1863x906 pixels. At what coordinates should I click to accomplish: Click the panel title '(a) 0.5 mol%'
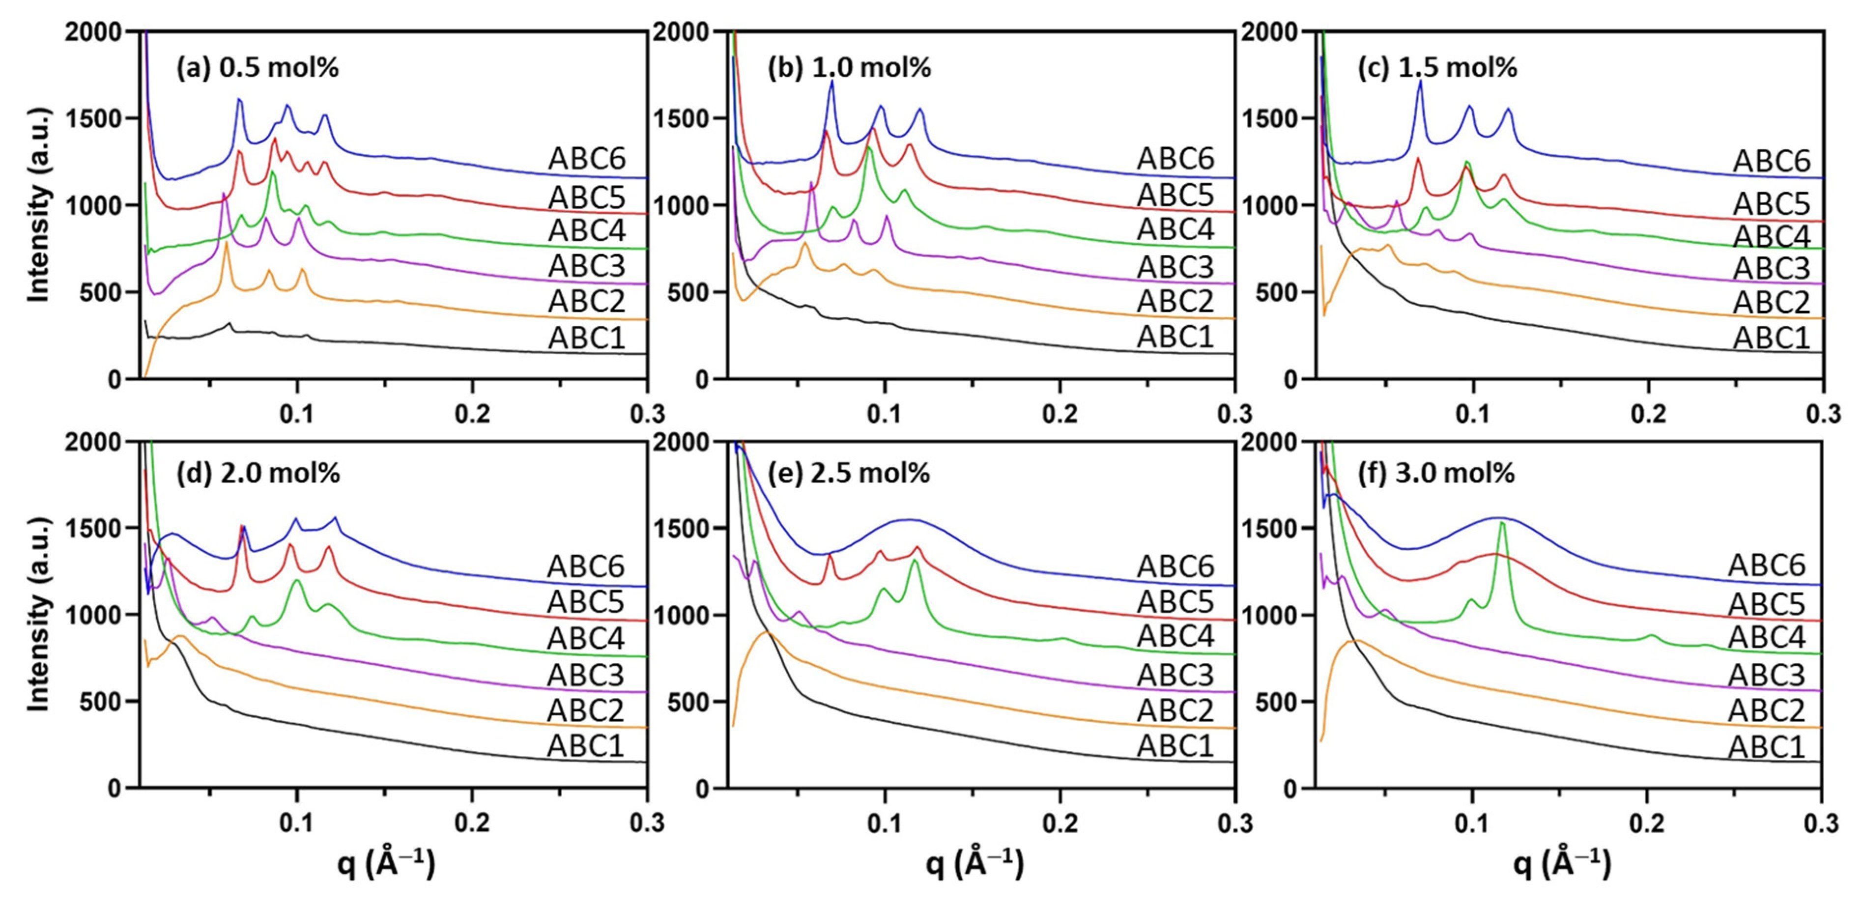[258, 68]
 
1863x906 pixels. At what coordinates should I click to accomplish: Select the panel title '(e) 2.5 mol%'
[848, 474]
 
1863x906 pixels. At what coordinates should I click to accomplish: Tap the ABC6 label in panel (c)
[1771, 161]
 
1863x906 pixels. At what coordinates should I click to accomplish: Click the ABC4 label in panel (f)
[1766, 638]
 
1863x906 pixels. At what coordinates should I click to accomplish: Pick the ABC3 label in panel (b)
[1175, 267]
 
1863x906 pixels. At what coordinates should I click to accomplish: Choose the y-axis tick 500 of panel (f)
[1278, 702]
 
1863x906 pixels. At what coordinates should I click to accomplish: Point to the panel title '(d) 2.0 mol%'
[258, 474]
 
